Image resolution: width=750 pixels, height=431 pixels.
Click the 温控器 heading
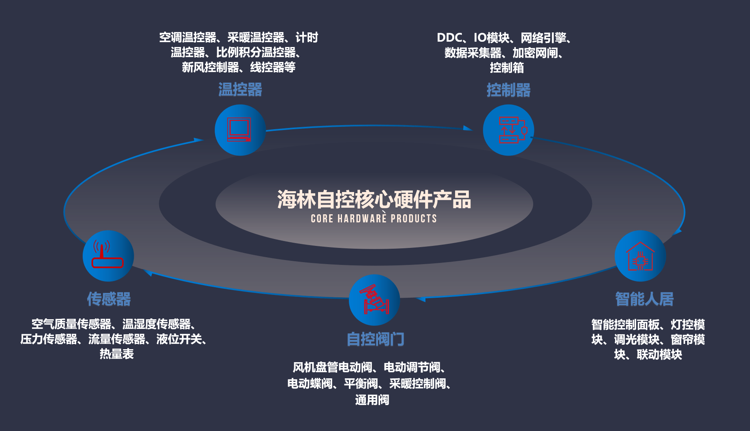[x=240, y=90]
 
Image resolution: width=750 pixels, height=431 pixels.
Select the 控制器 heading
[x=509, y=90]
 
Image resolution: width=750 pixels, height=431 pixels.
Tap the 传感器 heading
[x=109, y=299]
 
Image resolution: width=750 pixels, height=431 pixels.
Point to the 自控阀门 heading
[x=375, y=339]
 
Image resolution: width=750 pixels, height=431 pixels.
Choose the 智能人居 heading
[x=644, y=299]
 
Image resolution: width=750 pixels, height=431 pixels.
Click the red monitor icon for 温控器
[x=239, y=129]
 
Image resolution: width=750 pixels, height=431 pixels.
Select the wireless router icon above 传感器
[x=107, y=254]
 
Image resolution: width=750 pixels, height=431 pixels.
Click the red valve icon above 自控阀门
[x=374, y=299]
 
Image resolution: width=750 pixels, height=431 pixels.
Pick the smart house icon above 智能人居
[x=640, y=256]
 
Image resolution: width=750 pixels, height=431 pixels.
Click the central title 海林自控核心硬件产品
[x=374, y=199]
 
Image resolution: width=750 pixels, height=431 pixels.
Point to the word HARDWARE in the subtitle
[x=362, y=219]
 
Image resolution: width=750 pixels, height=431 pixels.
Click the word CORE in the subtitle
[x=322, y=219]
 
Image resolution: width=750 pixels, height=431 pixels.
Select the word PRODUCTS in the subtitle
[x=414, y=219]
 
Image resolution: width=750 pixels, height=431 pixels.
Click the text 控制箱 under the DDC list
[x=507, y=68]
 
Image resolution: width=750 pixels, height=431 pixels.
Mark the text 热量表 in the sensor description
[x=117, y=354]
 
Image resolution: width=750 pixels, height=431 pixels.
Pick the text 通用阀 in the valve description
[x=372, y=400]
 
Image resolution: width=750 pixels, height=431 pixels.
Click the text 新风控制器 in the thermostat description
[x=210, y=67]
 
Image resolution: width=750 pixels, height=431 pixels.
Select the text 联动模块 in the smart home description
[x=659, y=355]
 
